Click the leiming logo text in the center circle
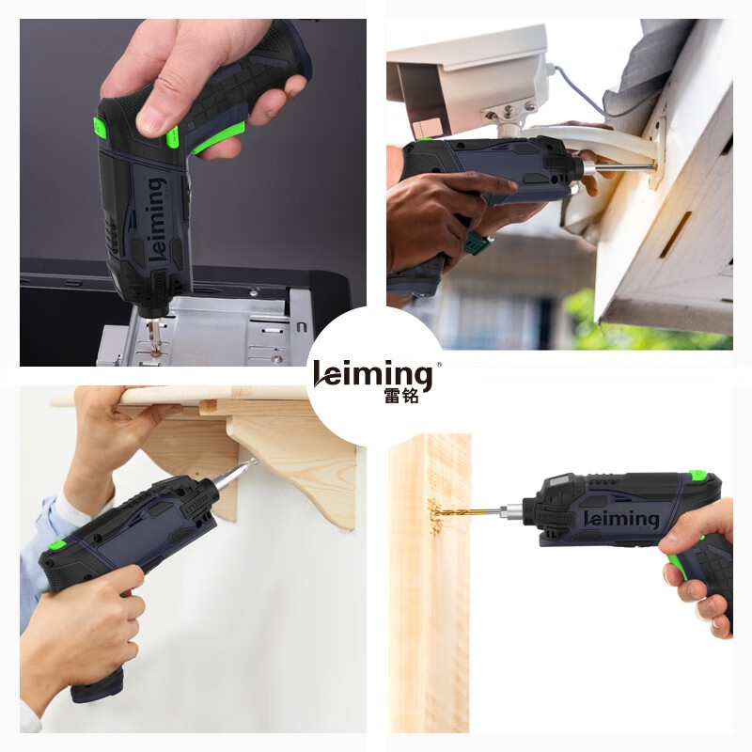click(x=372, y=374)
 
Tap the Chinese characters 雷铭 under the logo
click(x=401, y=395)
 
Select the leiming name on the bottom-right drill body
click(x=621, y=519)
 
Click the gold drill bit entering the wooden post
click(x=466, y=511)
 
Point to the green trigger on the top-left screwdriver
click(x=218, y=137)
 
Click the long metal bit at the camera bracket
click(x=619, y=167)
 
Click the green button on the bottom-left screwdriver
click(x=57, y=545)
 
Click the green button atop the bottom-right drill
click(x=697, y=476)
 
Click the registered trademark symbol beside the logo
click(x=438, y=365)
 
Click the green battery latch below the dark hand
click(x=478, y=244)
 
